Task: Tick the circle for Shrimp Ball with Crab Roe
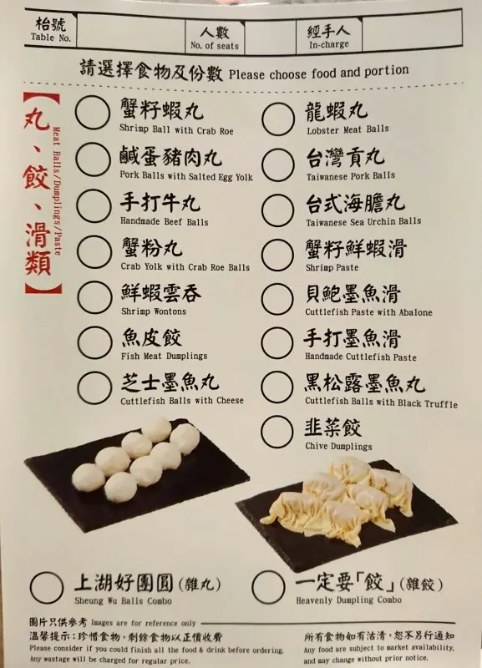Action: click(x=93, y=113)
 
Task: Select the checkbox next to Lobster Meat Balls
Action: click(x=278, y=119)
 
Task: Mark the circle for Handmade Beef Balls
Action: click(x=94, y=205)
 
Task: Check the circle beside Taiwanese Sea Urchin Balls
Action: click(x=278, y=210)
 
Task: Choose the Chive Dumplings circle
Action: click(x=277, y=432)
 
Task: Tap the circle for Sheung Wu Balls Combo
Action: click(x=47, y=588)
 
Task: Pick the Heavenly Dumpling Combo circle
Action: click(x=268, y=587)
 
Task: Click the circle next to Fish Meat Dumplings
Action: click(x=94, y=343)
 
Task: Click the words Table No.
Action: click(x=51, y=38)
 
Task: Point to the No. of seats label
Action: click(x=215, y=46)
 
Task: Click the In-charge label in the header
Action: click(x=329, y=44)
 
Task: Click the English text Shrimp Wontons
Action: click(x=154, y=311)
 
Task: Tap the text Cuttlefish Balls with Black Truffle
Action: click(x=382, y=402)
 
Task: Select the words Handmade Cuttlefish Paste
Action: click(x=361, y=357)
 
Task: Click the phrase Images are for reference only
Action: click(x=143, y=623)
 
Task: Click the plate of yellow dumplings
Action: click(x=346, y=514)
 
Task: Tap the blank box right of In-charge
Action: click(x=412, y=32)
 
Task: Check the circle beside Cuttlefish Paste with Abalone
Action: click(x=277, y=299)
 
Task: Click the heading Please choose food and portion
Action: click(x=319, y=72)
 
